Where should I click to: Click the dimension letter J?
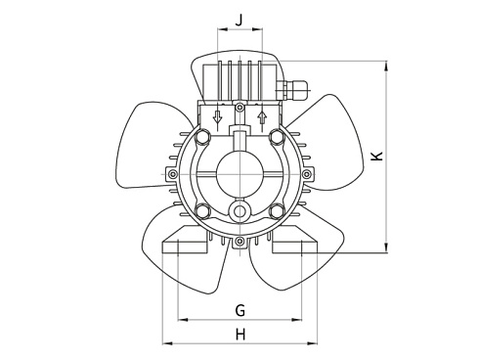pyautogui.click(x=239, y=18)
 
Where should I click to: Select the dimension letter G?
pyautogui.click(x=239, y=310)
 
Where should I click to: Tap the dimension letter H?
pyautogui.click(x=239, y=335)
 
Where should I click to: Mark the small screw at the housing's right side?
pyautogui.click(x=306, y=174)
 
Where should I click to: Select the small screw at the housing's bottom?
pyautogui.click(x=239, y=240)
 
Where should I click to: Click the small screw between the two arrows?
pyautogui.click(x=239, y=107)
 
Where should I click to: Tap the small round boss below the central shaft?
pyautogui.click(x=239, y=211)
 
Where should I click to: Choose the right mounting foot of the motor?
pyautogui.click(x=296, y=241)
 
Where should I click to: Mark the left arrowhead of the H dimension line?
pyautogui.click(x=164, y=343)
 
